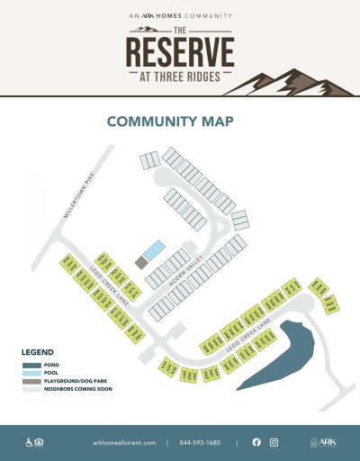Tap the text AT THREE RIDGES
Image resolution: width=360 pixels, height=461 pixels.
pos(179,76)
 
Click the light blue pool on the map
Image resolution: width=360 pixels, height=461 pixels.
pos(154,249)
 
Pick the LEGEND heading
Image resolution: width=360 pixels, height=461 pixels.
pos(37,352)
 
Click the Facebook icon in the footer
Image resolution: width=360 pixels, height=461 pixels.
pos(256,442)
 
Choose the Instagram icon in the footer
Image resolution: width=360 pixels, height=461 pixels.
pos(274,442)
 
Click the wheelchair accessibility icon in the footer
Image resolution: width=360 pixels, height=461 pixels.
pos(30,442)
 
